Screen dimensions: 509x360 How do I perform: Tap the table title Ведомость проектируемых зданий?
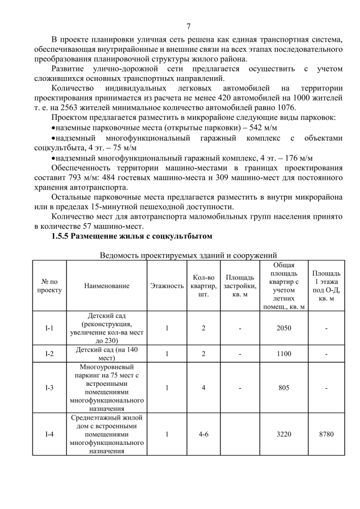coord(188,255)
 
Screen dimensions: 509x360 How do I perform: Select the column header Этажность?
coord(166,286)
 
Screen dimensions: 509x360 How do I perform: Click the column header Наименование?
coord(106,286)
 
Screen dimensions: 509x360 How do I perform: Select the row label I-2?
coord(49,354)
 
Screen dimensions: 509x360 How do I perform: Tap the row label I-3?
coord(49,388)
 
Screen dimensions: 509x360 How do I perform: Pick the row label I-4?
coord(49,434)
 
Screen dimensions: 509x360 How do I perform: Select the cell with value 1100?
coord(284,354)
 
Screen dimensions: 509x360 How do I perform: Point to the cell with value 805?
coord(284,388)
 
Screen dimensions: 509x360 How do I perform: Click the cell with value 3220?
coord(284,434)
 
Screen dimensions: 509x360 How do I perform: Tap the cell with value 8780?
coord(326,434)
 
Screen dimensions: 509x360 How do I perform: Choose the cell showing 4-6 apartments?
coord(204,434)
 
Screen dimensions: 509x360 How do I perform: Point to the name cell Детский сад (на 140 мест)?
coord(106,354)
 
